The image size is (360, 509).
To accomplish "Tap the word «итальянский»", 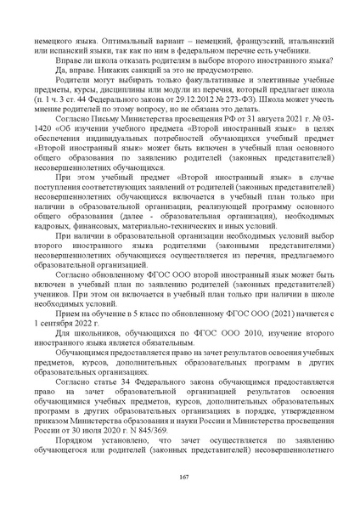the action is (x=304, y=40).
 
